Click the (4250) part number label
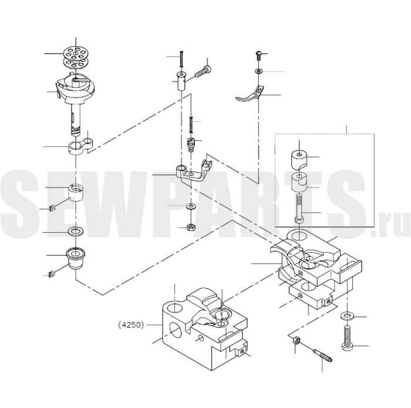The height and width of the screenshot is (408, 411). (131, 325)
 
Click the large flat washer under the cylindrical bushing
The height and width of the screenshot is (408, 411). (76, 232)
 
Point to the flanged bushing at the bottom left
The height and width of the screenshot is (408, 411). (76, 259)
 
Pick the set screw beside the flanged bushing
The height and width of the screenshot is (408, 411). (52, 275)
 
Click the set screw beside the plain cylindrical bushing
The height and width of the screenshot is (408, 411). (52, 208)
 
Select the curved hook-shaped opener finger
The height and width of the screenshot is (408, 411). (250, 95)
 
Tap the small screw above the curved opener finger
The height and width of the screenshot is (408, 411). (258, 56)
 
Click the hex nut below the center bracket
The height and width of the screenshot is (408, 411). (190, 227)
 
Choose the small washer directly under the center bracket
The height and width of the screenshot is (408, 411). (190, 206)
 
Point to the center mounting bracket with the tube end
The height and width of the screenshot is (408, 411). (193, 170)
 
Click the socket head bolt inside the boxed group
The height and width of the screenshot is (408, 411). (299, 208)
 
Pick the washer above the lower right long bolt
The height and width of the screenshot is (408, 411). (348, 316)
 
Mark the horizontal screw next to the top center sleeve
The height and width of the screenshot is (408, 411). (203, 71)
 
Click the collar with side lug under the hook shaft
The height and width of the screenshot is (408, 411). (80, 146)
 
